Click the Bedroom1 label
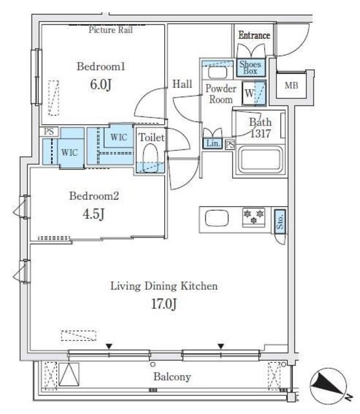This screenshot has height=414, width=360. click(x=101, y=66)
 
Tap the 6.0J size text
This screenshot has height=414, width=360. click(x=101, y=84)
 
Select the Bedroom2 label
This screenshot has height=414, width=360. click(x=94, y=196)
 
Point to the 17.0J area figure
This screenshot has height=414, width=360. click(x=164, y=303)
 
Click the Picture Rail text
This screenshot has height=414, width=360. click(x=111, y=30)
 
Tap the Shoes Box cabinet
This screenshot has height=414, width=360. click(x=251, y=67)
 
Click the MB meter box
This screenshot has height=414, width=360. click(x=291, y=85)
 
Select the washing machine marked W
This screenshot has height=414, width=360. click(x=254, y=93)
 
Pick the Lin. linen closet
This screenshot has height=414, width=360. click(x=213, y=144)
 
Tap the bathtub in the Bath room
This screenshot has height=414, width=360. click(x=260, y=160)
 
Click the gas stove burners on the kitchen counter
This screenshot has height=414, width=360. click(x=254, y=217)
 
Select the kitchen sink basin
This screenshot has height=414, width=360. click(x=217, y=218)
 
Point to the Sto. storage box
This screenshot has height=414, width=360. click(x=280, y=222)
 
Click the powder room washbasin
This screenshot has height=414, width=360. click(x=218, y=72)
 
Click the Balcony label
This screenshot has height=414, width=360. click(x=172, y=376)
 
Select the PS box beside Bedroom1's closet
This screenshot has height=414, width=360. click(x=48, y=131)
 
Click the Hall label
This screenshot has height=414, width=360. click(x=182, y=84)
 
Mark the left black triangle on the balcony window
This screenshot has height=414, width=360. click(x=109, y=346)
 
